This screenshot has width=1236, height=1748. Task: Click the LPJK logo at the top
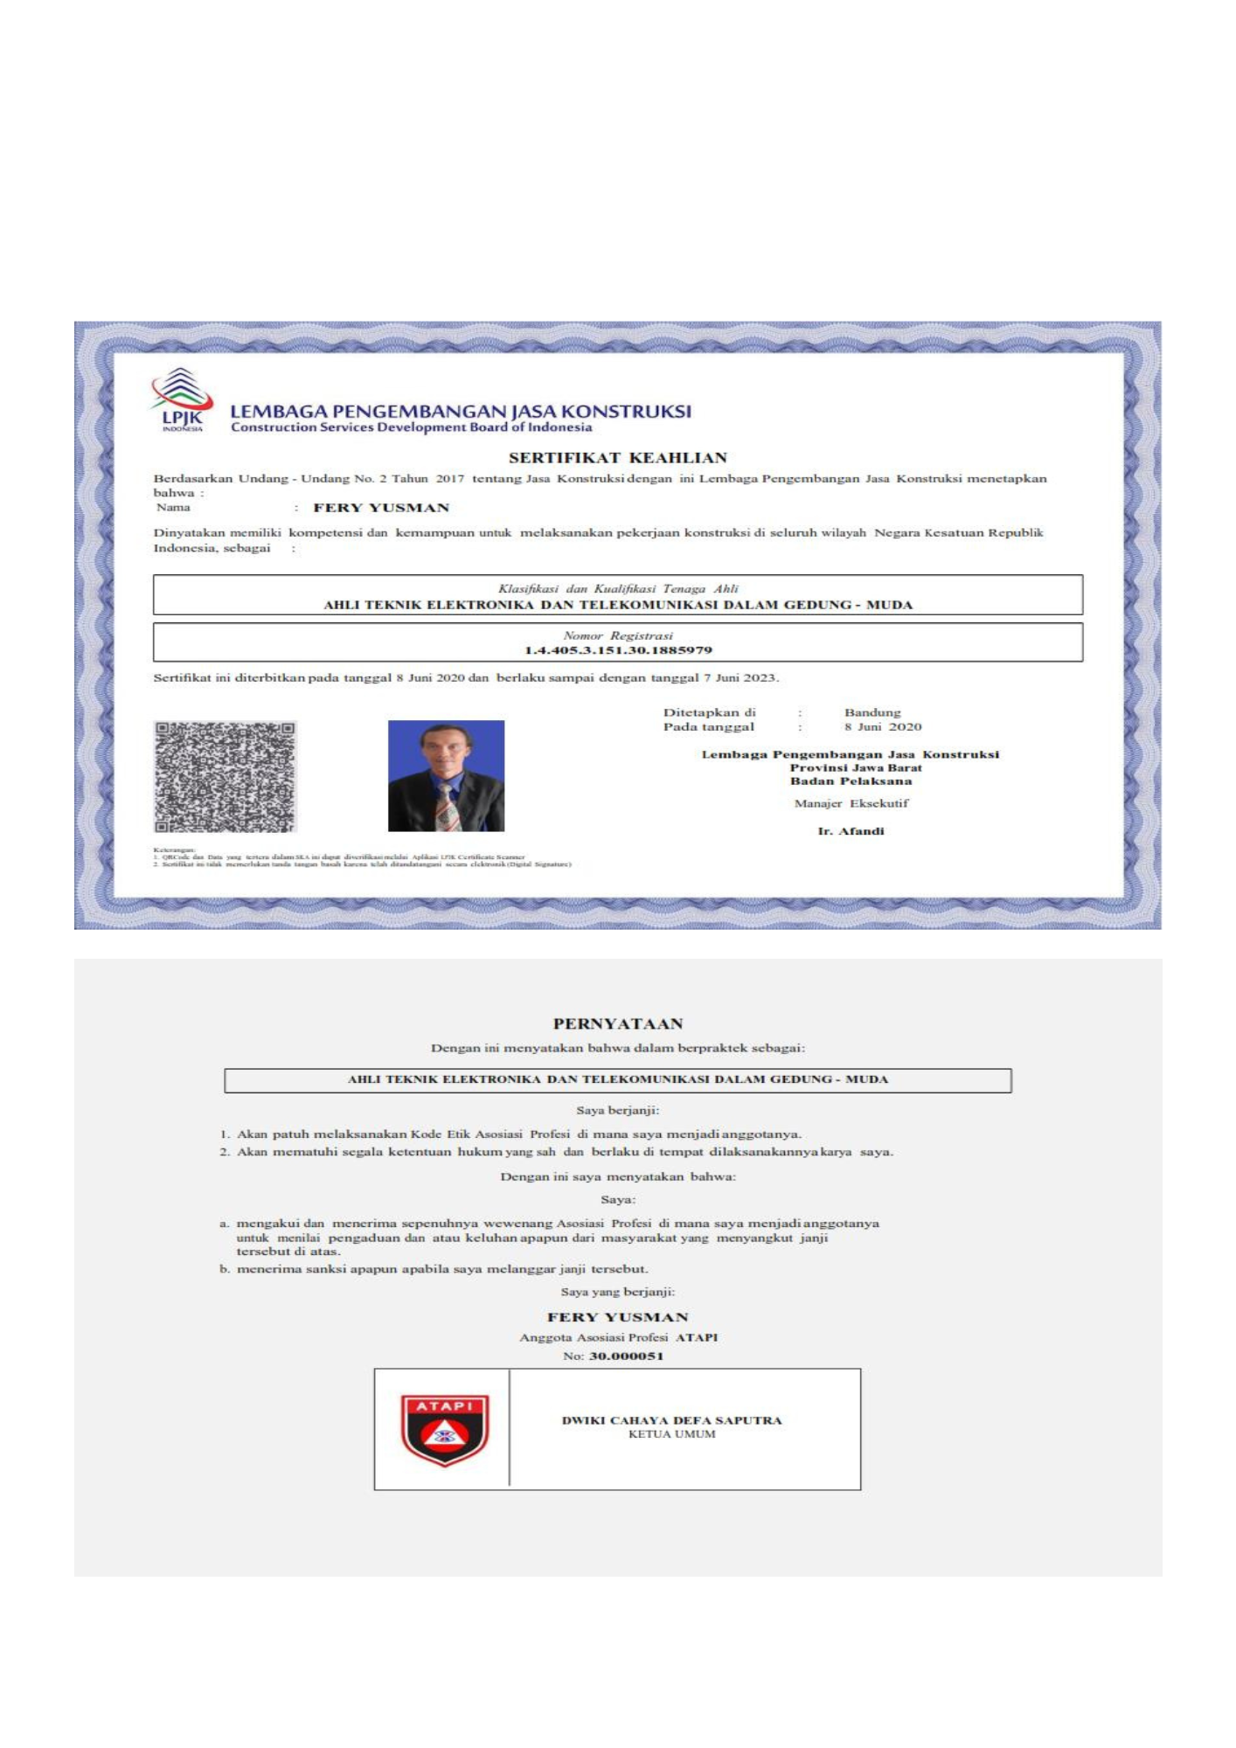(181, 400)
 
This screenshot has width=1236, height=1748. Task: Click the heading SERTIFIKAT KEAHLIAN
(617, 458)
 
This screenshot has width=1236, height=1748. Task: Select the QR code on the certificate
(225, 776)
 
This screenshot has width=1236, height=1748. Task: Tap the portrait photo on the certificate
(446, 775)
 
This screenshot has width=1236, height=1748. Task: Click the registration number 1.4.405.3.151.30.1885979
(617, 650)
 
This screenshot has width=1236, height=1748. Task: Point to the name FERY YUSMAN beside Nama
(381, 508)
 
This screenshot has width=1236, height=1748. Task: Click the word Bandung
(871, 712)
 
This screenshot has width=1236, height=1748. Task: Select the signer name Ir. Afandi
(851, 831)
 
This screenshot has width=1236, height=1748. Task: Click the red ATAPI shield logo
(444, 1430)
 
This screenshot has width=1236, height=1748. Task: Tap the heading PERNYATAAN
(617, 1023)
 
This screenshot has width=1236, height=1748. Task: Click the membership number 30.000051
(626, 1356)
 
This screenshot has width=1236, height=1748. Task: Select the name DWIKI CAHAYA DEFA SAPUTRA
(671, 1420)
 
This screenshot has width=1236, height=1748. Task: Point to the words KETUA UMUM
(671, 1434)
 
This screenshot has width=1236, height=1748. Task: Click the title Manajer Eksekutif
(851, 803)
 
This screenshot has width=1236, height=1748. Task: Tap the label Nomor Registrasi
(617, 635)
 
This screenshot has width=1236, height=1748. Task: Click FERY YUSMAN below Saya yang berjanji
(617, 1317)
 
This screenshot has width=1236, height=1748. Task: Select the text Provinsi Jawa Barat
(855, 767)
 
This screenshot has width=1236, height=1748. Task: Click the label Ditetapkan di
(709, 712)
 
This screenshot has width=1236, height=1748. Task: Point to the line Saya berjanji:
(617, 1110)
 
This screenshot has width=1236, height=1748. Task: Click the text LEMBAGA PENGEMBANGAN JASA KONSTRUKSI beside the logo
(460, 411)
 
